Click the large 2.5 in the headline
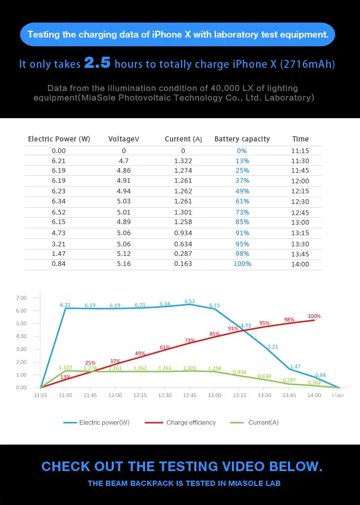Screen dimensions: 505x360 [x=97, y=64]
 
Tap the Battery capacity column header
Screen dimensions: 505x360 [x=242, y=139]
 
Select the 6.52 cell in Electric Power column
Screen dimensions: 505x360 [x=59, y=212]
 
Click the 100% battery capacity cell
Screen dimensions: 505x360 [x=242, y=264]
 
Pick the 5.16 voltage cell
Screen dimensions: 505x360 [x=123, y=264]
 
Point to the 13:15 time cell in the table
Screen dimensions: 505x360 [x=300, y=233]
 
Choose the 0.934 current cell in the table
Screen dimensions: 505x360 [x=183, y=233]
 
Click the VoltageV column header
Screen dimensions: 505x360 [x=123, y=139]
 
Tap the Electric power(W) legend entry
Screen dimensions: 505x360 [x=104, y=422]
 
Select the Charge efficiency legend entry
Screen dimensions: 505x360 [x=191, y=422]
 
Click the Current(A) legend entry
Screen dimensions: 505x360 [x=263, y=422]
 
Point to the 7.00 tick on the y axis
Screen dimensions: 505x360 [x=21, y=298]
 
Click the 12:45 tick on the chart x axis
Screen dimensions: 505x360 [x=190, y=395]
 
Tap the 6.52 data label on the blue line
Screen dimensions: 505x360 [x=190, y=301]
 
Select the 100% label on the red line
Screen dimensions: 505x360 [x=314, y=316]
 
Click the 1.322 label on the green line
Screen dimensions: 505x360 [x=65, y=367]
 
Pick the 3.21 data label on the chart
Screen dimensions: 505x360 [x=273, y=347]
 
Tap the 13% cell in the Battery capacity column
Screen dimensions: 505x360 [x=242, y=161]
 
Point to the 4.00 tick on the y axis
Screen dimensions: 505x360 [x=21, y=336]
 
